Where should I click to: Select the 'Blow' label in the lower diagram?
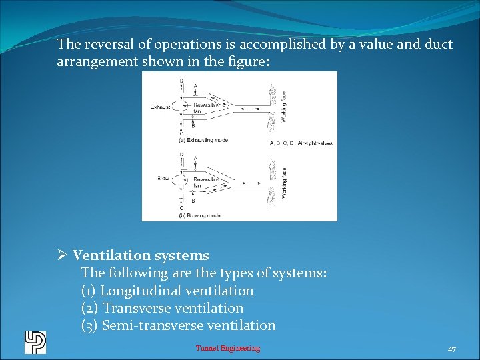(x=162, y=179)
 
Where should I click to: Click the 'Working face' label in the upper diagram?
(x=283, y=105)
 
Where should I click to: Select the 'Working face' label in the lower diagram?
(x=285, y=181)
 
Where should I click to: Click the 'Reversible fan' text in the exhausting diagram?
(x=203, y=108)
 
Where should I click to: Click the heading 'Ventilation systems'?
(x=141, y=255)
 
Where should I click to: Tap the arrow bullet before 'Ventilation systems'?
(x=61, y=255)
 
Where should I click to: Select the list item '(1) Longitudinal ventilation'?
(x=167, y=291)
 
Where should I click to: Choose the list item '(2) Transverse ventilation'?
(x=162, y=308)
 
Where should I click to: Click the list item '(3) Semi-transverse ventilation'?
(x=178, y=325)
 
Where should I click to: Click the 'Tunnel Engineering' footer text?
(x=228, y=348)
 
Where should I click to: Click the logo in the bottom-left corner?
(x=35, y=342)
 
